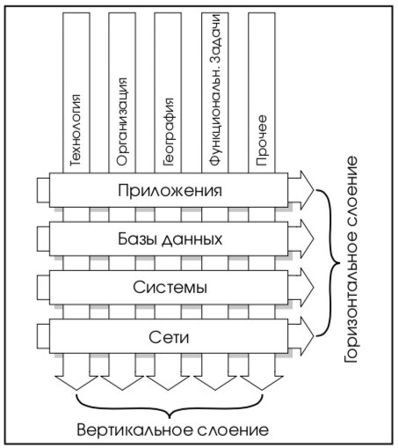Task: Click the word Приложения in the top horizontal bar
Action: (170, 191)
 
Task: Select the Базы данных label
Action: (170, 239)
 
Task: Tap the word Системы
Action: (170, 287)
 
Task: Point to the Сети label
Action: (169, 337)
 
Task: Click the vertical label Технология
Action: (76, 130)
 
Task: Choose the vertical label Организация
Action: (122, 121)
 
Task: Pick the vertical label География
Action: (168, 132)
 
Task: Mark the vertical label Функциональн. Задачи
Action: (215, 90)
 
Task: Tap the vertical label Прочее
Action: (261, 141)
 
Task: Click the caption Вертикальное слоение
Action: (173, 430)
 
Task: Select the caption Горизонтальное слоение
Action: (351, 260)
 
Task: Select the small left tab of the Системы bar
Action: (43, 288)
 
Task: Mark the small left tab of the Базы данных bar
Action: (43, 239)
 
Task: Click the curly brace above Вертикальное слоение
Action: (170, 411)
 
